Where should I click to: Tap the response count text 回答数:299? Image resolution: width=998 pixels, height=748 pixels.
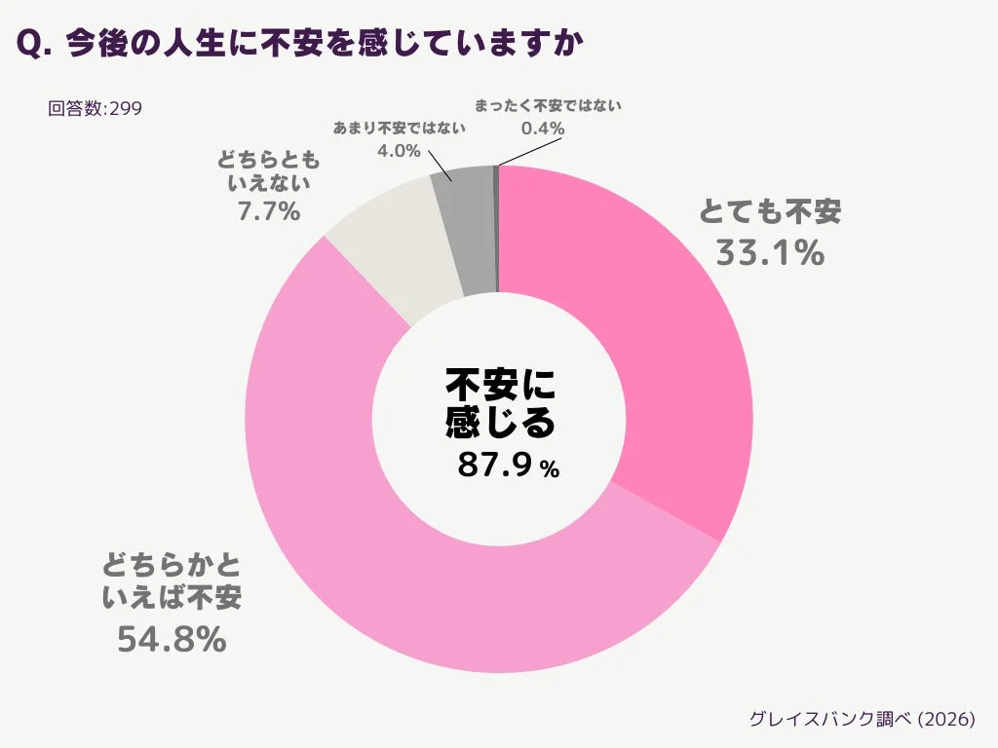95,108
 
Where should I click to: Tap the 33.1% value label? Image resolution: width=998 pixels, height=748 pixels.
770,252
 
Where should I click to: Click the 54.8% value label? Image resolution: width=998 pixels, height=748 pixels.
172,639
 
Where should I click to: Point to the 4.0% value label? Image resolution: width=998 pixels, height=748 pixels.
398,151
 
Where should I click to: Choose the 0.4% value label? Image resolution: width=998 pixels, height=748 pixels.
543,128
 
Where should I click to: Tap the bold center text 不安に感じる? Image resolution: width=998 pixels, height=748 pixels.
500,403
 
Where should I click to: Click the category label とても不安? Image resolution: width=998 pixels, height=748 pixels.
770,211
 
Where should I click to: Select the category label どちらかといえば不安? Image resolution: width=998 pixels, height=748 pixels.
172,580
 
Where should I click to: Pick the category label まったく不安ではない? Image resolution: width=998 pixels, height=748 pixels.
547,104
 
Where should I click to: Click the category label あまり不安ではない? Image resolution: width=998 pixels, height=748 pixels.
400,128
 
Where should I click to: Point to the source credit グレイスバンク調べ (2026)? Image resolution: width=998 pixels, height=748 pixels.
862,719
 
